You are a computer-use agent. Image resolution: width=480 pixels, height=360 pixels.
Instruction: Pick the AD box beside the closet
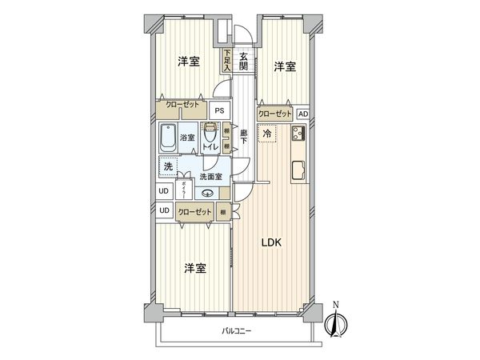[x=303, y=114]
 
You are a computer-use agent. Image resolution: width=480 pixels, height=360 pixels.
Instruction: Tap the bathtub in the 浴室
[x=168, y=139]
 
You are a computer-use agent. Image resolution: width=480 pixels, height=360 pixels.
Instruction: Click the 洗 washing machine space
[x=167, y=167]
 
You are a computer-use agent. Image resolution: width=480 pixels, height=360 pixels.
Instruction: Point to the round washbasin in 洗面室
[x=207, y=192]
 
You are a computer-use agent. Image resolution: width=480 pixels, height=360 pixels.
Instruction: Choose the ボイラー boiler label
[x=182, y=190]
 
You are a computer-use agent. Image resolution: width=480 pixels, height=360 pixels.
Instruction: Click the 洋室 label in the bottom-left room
[x=194, y=268]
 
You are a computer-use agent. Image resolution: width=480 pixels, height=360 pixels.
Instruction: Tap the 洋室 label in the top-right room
[x=284, y=67]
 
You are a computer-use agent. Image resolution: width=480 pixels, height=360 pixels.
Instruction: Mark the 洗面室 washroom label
[x=211, y=176]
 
